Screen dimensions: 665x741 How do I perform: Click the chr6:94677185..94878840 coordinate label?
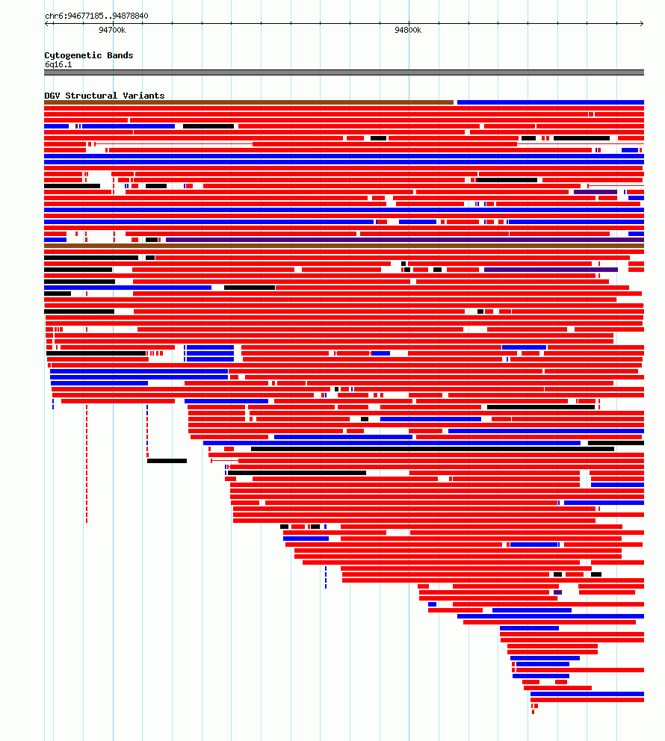click(x=96, y=16)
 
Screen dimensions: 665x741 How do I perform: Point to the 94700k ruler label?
click(x=112, y=30)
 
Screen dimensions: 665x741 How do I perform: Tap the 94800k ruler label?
click(x=408, y=30)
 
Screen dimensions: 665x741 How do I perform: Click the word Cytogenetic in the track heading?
click(x=73, y=55)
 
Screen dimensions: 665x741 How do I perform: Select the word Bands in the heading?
click(x=120, y=55)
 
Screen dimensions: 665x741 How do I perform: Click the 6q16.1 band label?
click(x=58, y=65)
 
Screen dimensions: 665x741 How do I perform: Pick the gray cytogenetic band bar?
click(x=344, y=72)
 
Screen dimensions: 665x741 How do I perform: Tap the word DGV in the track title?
click(x=52, y=96)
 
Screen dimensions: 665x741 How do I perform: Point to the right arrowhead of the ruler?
click(x=642, y=23)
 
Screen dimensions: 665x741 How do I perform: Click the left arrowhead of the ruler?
click(x=46, y=23)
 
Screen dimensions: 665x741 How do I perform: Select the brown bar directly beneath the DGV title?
click(x=249, y=102)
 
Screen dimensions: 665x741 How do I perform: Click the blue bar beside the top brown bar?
click(x=551, y=102)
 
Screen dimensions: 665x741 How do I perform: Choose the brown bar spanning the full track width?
click(x=344, y=246)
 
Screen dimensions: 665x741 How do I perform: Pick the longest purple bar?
click(x=405, y=240)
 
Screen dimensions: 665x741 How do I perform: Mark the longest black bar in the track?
click(x=433, y=449)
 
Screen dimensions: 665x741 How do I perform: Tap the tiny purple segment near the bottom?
click(x=557, y=592)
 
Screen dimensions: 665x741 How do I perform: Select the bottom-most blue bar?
click(x=587, y=694)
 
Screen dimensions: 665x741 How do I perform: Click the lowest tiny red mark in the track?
click(x=533, y=712)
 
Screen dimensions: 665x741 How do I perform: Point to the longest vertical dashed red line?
click(x=87, y=463)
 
